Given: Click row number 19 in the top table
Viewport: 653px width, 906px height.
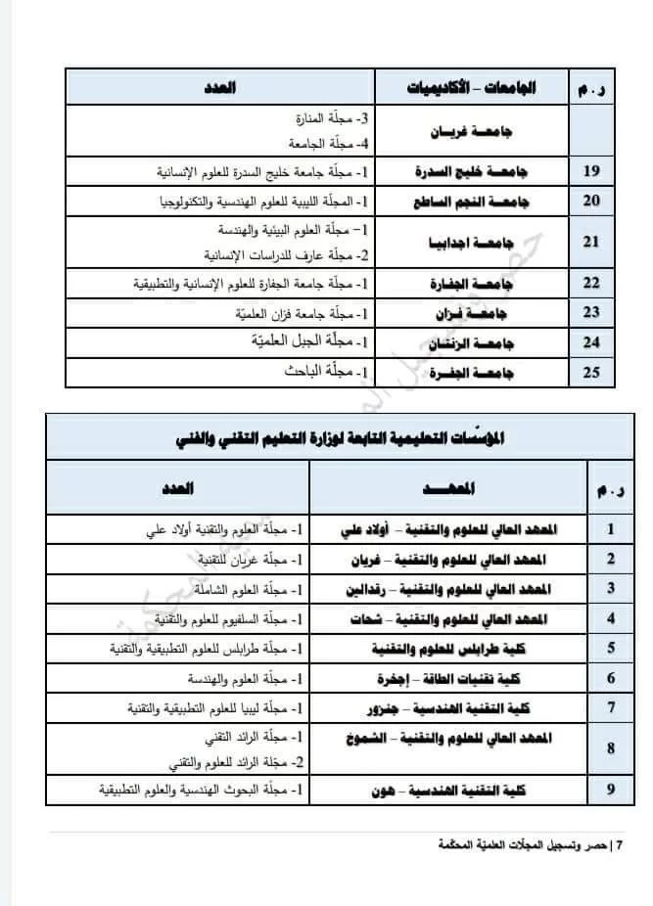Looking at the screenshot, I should tap(590, 171).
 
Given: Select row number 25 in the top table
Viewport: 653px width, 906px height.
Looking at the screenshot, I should tap(590, 373).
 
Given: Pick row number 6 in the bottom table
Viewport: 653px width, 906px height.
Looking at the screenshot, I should tap(611, 678).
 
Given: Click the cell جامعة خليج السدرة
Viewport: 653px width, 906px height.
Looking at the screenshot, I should tap(474, 171).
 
